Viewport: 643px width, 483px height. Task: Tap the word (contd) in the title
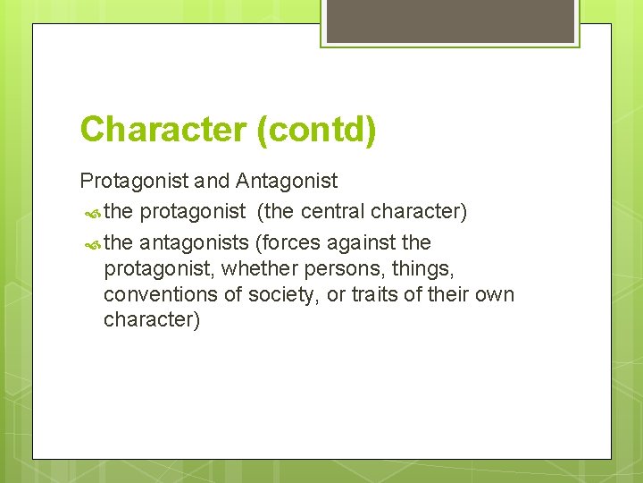(x=316, y=130)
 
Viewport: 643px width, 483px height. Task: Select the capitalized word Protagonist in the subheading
(x=134, y=182)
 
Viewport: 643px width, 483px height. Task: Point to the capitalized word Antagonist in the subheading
(x=287, y=182)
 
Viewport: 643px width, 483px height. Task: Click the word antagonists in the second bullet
(x=195, y=242)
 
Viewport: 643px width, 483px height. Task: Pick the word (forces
(x=286, y=242)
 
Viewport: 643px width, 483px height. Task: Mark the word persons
(x=338, y=268)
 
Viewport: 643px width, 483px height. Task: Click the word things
(x=410, y=268)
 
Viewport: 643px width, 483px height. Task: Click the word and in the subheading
(x=212, y=182)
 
